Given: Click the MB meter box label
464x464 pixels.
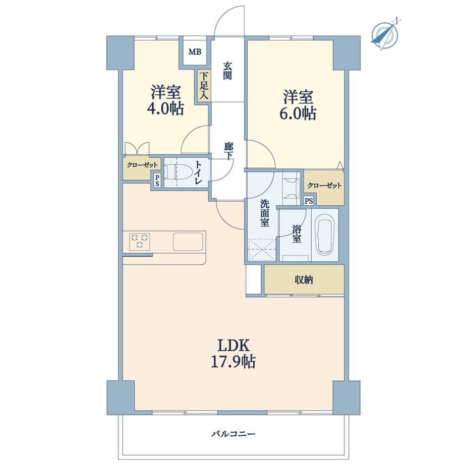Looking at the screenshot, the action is point(195,52).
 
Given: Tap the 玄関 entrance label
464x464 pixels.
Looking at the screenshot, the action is point(227,71).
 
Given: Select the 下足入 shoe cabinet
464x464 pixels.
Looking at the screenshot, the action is point(204,86).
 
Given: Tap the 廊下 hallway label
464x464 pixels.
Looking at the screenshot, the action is point(228,151).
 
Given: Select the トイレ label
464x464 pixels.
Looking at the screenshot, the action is point(198,172).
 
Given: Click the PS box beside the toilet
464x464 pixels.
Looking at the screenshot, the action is point(157,180).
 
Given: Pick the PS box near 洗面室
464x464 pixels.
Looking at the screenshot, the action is point(309,201).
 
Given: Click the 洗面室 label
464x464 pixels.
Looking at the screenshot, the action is point(265,213).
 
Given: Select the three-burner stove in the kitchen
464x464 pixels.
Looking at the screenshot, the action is point(139,241).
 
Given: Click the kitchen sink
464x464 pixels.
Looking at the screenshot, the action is point(188,242).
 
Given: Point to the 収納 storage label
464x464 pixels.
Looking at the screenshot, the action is point(304,279).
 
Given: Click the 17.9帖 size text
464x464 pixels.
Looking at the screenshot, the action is point(233,362).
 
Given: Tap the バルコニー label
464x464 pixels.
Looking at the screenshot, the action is point(233,434).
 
